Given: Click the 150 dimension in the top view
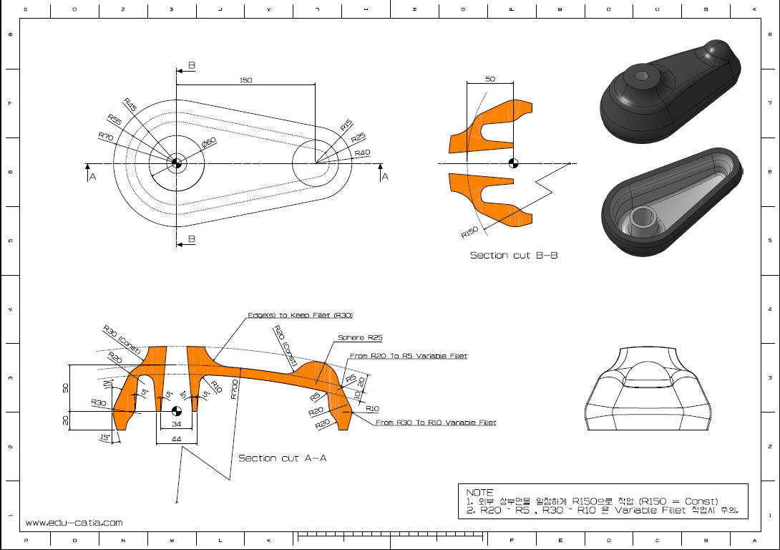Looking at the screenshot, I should [x=245, y=80].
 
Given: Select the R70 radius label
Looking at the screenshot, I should [x=106, y=135].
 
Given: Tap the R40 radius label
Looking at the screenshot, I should [x=362, y=153].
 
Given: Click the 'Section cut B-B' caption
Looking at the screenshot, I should [x=513, y=255].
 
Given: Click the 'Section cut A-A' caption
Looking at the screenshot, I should [x=282, y=458].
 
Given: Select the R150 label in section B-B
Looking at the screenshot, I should [x=469, y=232].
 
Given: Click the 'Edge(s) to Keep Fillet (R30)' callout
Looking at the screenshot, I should [x=300, y=315].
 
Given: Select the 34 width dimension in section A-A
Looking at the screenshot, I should [x=176, y=423].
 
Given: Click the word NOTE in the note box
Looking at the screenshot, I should [x=479, y=493].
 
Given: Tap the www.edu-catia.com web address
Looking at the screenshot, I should [x=74, y=523].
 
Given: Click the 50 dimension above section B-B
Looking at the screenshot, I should [x=489, y=79].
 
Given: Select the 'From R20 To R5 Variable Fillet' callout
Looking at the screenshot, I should [x=408, y=356].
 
